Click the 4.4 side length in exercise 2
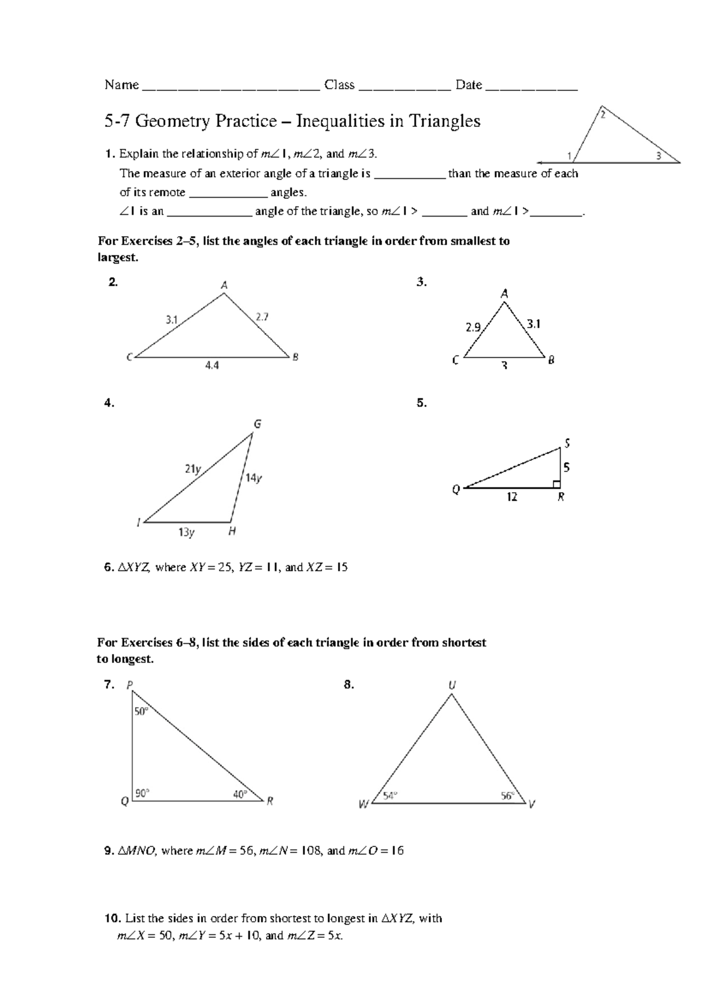click(x=212, y=366)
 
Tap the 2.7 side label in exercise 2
click(x=262, y=317)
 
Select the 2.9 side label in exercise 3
click(x=473, y=328)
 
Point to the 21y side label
click(x=193, y=469)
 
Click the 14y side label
click(x=254, y=478)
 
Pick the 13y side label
click(x=186, y=532)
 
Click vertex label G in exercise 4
click(x=257, y=424)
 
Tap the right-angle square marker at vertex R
click(x=556, y=485)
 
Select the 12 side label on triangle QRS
click(x=512, y=498)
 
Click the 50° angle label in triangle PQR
click(x=142, y=712)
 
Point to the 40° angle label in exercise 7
click(x=240, y=794)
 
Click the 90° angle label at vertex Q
click(x=142, y=794)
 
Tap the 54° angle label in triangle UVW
click(x=390, y=796)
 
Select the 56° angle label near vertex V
click(x=508, y=796)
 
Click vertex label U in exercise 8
click(x=452, y=686)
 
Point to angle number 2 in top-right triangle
click(x=602, y=116)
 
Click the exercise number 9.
click(x=109, y=850)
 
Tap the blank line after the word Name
click(x=231, y=86)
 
